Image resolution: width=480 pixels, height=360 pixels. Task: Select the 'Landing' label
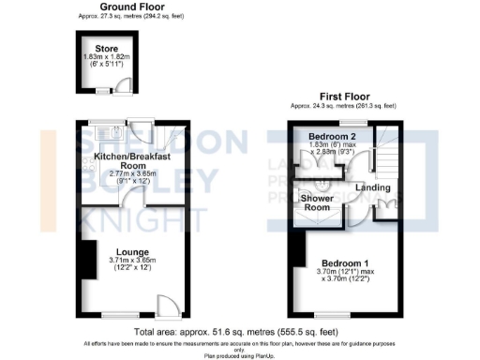point(374,187)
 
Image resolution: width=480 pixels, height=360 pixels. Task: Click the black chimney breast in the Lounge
point(89,258)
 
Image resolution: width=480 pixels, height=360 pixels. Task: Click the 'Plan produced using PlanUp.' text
point(239,354)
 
